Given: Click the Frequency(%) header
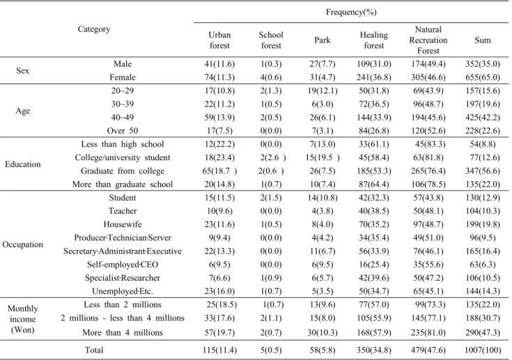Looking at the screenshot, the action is [351, 12].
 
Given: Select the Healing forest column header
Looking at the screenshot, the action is [374, 40].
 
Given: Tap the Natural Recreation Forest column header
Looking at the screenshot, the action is [428, 40].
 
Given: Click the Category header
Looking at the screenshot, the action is [94, 29].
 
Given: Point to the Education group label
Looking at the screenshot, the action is [23, 164].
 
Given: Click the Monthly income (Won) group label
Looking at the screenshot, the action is [22, 319].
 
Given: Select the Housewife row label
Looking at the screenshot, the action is [123, 224].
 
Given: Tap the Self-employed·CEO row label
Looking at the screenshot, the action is [123, 265].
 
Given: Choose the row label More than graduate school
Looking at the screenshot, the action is [123, 184].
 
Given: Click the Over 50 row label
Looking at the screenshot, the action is [123, 130].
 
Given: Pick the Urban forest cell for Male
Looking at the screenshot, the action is [219, 64].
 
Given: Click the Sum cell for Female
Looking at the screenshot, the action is [483, 77].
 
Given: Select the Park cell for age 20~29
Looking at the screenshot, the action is [323, 91].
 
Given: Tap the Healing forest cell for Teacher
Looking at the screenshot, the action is [374, 211].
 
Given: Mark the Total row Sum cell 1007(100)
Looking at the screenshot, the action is [483, 350].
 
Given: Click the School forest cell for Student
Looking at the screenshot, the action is [271, 198].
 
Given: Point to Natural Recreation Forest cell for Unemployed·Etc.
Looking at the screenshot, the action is [428, 291].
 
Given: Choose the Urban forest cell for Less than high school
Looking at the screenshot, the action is [219, 144].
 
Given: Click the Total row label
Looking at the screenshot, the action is [94, 350].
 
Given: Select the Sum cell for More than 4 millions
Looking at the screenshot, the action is [483, 333].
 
